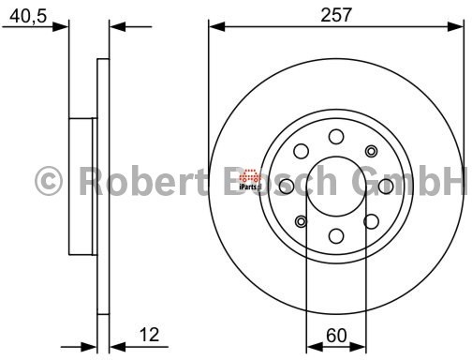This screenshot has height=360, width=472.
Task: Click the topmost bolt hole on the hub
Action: (x=336, y=136)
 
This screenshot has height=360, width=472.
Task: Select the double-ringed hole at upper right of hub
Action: (x=372, y=151)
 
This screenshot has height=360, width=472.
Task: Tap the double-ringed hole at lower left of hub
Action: (x=301, y=221)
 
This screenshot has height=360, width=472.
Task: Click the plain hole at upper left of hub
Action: (x=301, y=151)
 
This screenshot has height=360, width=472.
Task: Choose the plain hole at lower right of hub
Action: (x=372, y=221)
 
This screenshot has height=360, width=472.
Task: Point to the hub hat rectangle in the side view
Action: (x=82, y=186)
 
